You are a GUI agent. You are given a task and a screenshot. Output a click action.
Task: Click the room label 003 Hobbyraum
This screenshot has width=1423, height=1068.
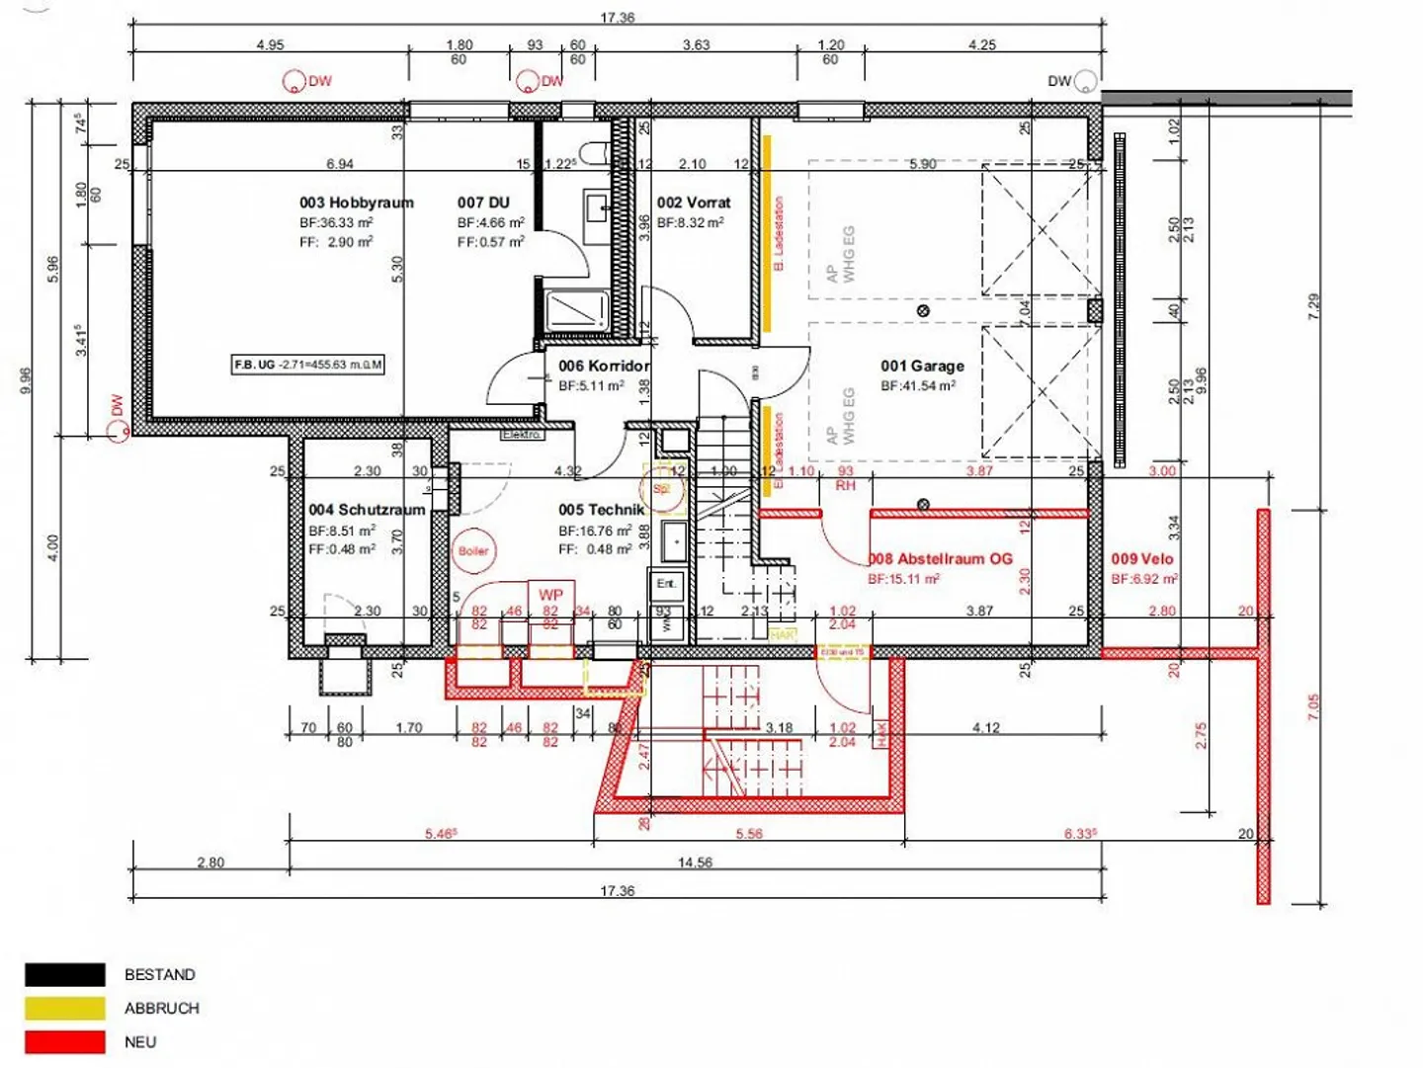coord(356,203)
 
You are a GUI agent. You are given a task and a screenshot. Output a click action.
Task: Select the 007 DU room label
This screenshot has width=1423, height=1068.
coord(483,203)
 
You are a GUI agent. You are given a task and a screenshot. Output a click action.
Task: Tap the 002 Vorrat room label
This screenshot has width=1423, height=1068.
coord(694,203)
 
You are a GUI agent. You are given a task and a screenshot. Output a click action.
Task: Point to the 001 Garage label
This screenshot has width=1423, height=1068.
coord(922,366)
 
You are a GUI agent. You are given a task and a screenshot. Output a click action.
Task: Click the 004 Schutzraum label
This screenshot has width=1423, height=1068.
coord(367,510)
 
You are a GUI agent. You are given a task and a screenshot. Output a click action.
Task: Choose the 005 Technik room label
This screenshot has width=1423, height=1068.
coord(601,510)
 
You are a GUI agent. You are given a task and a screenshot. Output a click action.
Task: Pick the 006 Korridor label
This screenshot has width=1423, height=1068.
coord(603,366)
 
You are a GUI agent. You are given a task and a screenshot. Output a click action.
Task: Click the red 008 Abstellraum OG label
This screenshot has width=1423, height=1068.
coord(941,558)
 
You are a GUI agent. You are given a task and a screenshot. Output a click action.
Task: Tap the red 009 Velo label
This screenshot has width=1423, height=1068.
coord(1142,558)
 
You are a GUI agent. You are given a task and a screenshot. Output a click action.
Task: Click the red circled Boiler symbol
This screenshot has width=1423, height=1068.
coord(473,551)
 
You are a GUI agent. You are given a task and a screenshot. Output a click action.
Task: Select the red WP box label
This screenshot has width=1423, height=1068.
coord(550,595)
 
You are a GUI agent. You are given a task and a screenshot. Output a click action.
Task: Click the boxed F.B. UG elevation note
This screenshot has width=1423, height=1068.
coord(307,365)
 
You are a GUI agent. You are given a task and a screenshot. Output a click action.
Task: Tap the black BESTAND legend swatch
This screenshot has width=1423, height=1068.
coord(65,975)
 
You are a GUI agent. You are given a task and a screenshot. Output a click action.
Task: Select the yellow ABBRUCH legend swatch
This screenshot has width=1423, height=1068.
coord(65,1008)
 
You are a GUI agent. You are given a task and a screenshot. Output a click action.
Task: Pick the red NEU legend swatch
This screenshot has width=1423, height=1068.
coord(65,1041)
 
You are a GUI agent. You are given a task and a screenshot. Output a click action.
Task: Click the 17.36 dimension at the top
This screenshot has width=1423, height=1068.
coord(618,18)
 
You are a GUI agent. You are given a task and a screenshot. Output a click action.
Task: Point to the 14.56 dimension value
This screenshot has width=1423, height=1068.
coord(695,863)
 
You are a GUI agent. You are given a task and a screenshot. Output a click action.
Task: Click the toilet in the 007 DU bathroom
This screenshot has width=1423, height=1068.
coord(595,153)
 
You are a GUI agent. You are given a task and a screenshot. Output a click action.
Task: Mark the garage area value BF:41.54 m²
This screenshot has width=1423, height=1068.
coord(918,386)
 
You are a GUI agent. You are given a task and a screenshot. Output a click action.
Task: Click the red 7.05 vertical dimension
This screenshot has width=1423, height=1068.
coord(1313,706)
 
